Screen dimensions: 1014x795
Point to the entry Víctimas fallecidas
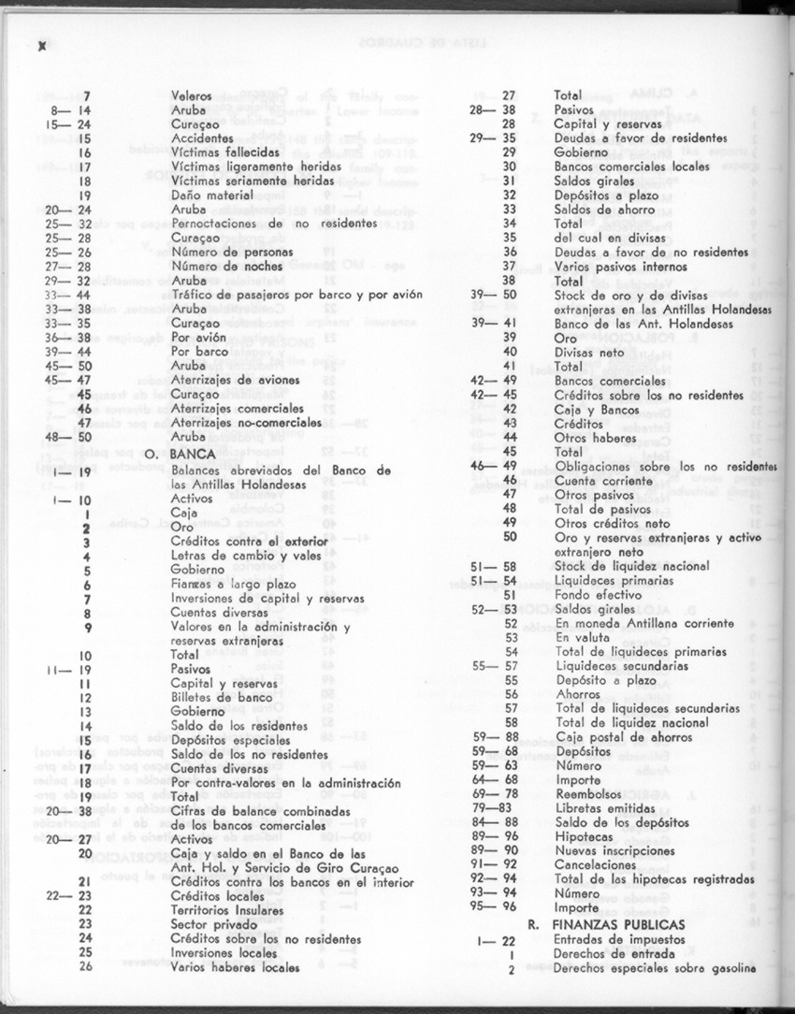225,151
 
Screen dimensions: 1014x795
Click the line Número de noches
221,267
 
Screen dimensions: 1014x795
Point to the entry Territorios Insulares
227,909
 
